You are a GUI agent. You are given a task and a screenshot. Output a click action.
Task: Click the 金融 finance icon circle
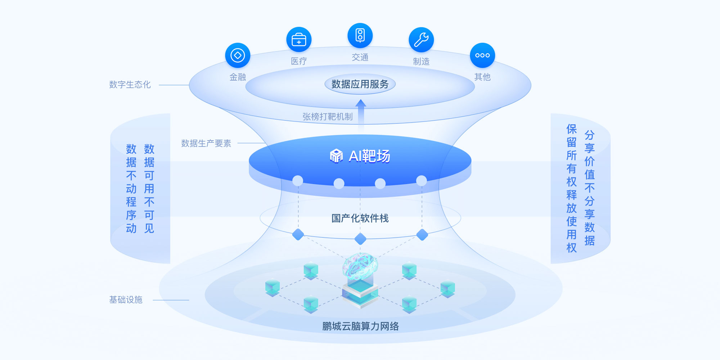click(x=238, y=55)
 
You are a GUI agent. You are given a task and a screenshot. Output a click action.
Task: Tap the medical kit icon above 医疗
click(x=299, y=40)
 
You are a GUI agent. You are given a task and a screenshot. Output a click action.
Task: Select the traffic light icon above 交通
click(x=360, y=36)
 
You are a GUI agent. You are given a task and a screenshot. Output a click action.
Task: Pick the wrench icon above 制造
click(x=421, y=40)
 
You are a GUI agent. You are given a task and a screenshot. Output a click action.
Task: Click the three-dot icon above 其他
click(x=482, y=55)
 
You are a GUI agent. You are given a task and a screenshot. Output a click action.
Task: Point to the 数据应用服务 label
click(x=360, y=84)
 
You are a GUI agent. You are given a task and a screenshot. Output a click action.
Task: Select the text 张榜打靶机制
click(x=328, y=117)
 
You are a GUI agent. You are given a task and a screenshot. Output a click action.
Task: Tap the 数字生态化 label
click(x=130, y=85)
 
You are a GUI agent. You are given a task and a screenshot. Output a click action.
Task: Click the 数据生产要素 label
click(x=206, y=143)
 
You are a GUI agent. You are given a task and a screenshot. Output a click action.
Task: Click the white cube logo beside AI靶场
click(x=336, y=156)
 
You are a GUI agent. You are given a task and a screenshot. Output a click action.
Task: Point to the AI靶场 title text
click(x=369, y=156)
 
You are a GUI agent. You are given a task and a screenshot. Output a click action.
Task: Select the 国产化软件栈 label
click(x=360, y=218)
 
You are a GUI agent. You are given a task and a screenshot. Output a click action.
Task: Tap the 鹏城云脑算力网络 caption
click(x=360, y=326)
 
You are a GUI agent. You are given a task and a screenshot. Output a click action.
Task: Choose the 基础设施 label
click(x=126, y=300)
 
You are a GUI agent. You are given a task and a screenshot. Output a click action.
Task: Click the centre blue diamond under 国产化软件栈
click(x=360, y=239)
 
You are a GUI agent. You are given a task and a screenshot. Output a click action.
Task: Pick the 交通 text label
click(x=360, y=57)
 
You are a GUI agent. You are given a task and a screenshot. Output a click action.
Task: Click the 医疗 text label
click(x=299, y=61)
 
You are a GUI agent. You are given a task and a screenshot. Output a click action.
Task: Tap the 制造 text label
click(x=421, y=62)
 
